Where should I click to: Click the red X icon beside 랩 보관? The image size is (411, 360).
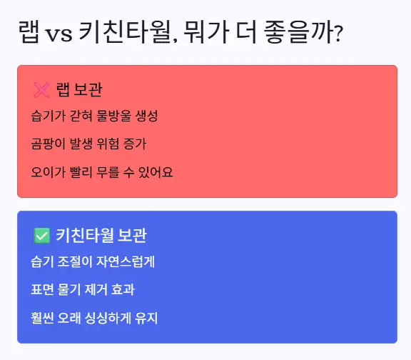point(41,90)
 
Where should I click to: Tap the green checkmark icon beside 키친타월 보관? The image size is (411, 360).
point(41,235)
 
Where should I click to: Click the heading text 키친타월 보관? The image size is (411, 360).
point(101,235)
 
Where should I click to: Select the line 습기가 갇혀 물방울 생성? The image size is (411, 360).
point(94,116)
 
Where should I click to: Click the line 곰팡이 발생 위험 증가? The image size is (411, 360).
point(88,144)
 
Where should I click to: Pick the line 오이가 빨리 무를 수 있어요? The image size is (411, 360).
point(102,172)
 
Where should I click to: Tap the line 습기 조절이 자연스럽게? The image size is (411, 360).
point(93,261)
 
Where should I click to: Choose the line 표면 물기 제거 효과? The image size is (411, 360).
point(83,289)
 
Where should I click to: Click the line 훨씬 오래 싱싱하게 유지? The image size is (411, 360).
point(94,318)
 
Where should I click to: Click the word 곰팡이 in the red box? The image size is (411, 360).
point(46,144)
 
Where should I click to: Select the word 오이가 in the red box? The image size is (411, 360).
point(46,172)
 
